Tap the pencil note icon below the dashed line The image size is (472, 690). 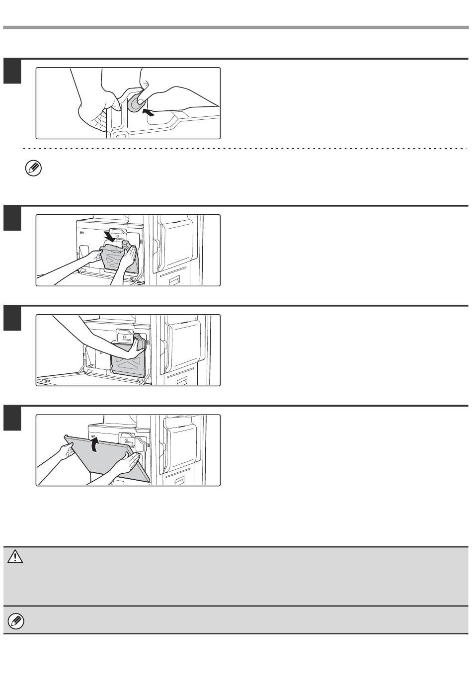[x=33, y=169]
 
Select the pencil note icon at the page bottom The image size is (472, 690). [x=16, y=620]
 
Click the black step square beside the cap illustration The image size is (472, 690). [x=12, y=71]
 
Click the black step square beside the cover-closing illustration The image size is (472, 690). [x=12, y=418]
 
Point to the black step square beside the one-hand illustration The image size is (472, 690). [x=12, y=318]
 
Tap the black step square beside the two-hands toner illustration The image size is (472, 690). [x=12, y=218]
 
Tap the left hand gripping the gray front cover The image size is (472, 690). [x=67, y=451]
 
